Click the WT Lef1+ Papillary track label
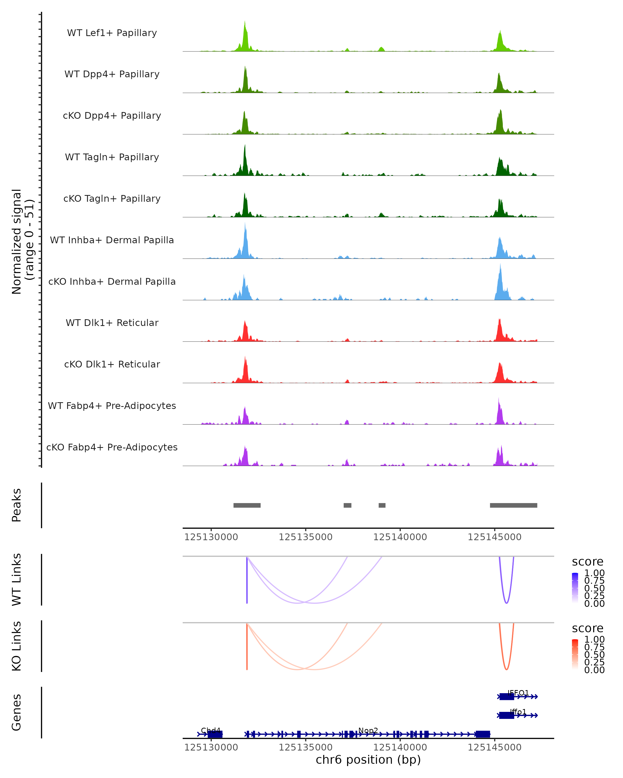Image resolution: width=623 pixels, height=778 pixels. [x=112, y=33]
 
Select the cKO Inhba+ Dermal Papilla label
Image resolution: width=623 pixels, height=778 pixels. [x=112, y=281]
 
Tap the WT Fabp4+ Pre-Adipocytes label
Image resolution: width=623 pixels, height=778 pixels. [x=112, y=406]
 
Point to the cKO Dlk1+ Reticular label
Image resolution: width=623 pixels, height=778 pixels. [x=112, y=364]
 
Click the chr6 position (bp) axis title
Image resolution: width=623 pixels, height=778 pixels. [x=368, y=760]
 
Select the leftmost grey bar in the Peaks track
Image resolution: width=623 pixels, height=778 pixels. [x=247, y=505]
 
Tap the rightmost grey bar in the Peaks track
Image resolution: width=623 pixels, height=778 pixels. [x=513, y=505]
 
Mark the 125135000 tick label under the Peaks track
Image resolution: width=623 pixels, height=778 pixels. [x=306, y=537]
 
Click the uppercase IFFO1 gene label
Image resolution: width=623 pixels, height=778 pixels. [x=518, y=693]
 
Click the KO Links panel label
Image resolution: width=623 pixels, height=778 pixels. [x=17, y=646]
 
